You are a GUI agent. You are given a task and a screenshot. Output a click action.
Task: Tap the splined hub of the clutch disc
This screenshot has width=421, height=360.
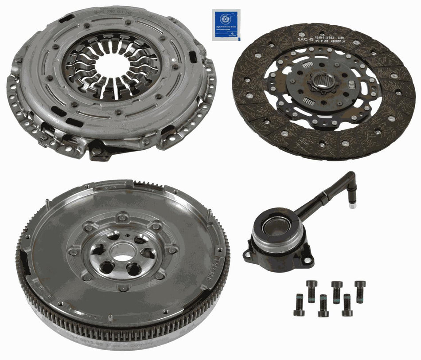pos(321,82)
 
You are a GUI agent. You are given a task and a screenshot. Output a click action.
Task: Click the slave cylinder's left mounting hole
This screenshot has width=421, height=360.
pos(247,253)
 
